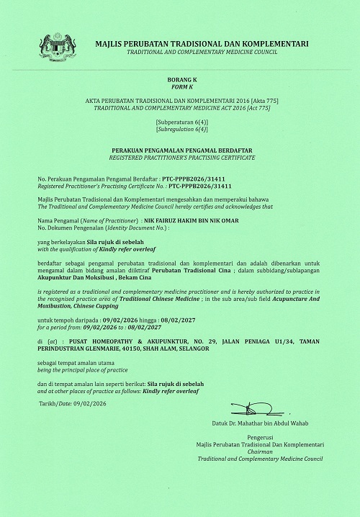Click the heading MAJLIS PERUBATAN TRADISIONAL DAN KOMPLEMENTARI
tap(202, 44)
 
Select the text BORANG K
tap(180, 76)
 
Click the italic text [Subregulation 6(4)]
tap(180, 131)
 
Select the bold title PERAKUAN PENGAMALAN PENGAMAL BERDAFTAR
tap(180, 150)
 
